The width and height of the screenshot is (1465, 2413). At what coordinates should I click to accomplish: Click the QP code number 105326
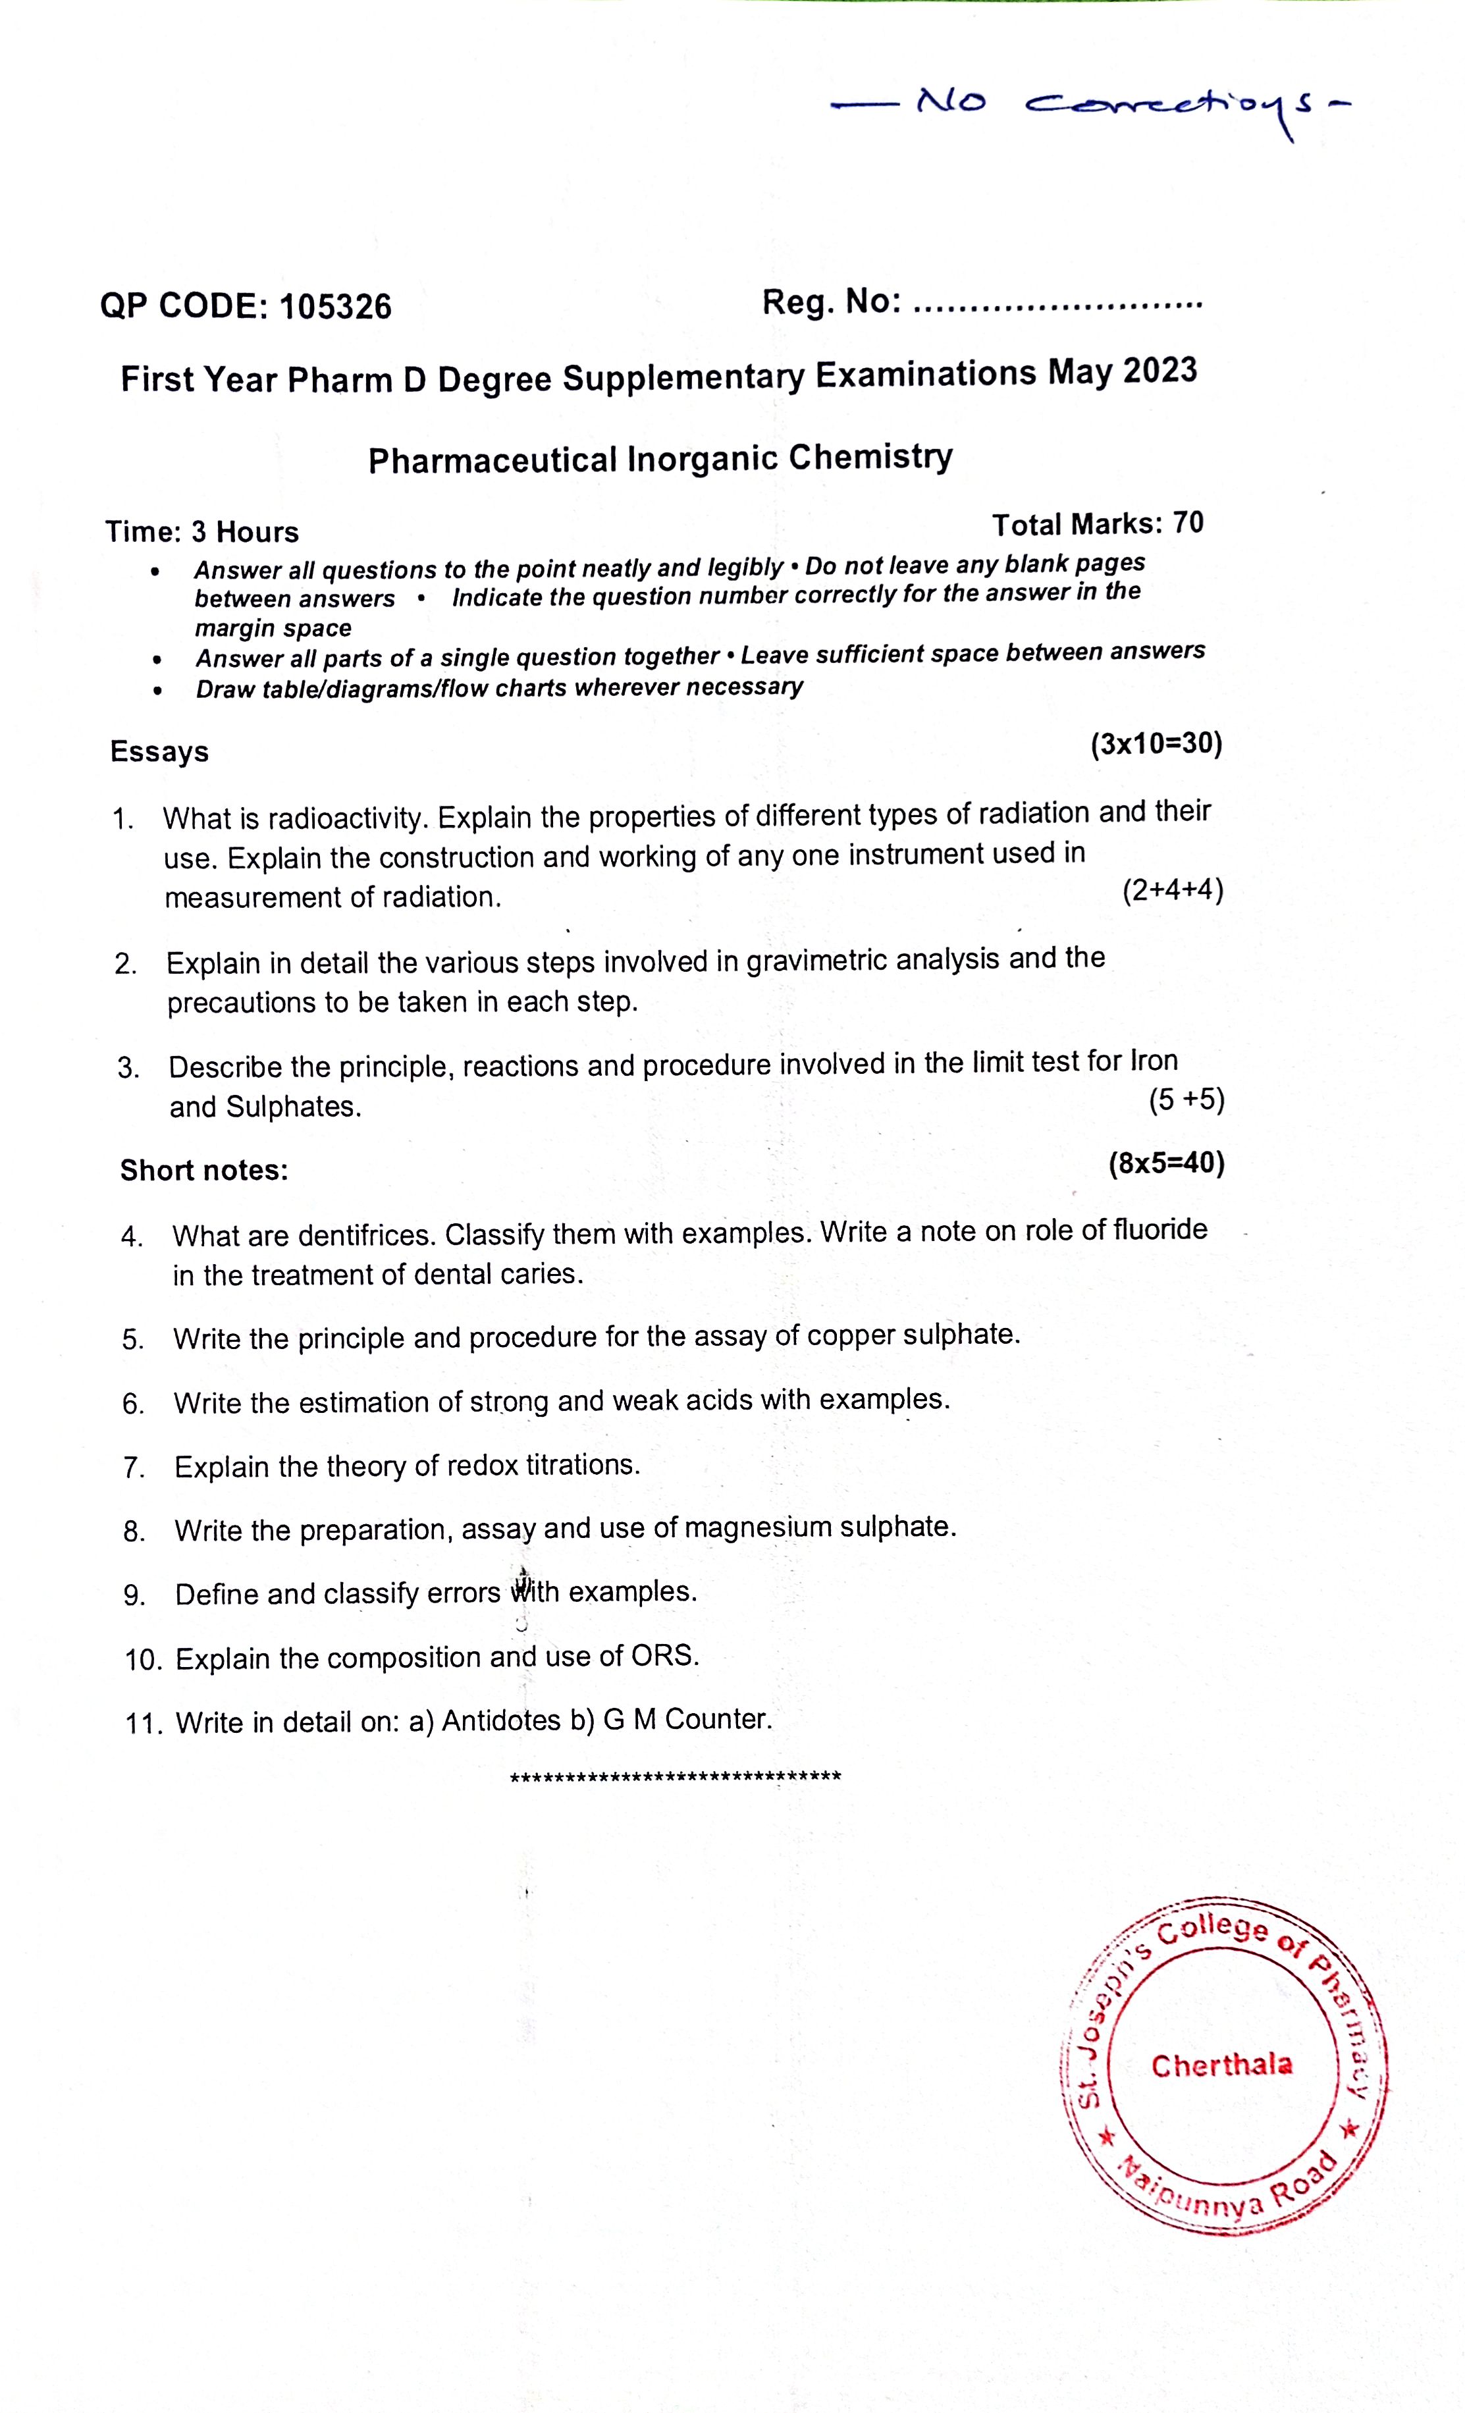tap(335, 307)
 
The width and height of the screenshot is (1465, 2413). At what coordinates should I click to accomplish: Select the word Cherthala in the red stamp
tap(1221, 2066)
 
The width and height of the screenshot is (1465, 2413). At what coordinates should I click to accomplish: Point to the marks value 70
tap(1188, 523)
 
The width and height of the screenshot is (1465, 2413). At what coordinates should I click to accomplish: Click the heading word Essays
tap(159, 752)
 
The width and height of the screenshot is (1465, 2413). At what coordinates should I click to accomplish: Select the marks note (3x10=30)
tap(1156, 744)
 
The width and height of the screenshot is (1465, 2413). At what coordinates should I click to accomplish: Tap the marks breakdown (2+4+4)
tap(1172, 890)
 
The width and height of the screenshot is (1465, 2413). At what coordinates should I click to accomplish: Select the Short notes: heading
tap(203, 1170)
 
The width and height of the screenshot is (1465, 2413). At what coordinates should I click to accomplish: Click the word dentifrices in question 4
tap(366, 1235)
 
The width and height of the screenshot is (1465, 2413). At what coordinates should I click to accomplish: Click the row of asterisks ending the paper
tap(676, 1776)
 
